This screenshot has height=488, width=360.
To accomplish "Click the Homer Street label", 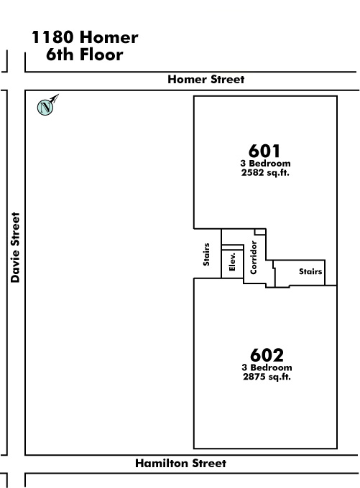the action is click(206, 80).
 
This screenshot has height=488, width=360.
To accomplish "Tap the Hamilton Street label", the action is click(181, 463).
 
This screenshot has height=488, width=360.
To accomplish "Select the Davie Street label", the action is click(15, 248).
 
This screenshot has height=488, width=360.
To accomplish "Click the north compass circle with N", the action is click(45, 108).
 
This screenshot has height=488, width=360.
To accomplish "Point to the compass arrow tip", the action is click(59, 94).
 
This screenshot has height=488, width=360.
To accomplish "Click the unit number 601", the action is click(264, 151).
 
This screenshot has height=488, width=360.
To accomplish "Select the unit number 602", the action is click(267, 355).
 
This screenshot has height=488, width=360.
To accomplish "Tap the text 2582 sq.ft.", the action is click(265, 173).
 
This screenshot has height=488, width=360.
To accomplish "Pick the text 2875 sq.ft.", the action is click(267, 377).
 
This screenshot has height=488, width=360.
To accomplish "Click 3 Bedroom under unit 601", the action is click(265, 164).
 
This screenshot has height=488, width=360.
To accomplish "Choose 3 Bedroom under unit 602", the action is click(267, 367).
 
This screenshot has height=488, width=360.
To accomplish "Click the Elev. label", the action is click(232, 261).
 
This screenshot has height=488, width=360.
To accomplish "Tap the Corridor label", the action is click(254, 258).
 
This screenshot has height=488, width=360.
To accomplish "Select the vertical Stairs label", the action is click(206, 254).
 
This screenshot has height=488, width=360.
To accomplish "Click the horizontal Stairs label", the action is click(310, 272).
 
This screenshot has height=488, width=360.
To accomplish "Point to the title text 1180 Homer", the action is click(85, 37).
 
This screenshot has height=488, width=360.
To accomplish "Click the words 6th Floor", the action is click(85, 55).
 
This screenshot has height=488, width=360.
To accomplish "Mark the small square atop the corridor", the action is click(260, 232).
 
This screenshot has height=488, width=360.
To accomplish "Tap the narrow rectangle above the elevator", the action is click(232, 248).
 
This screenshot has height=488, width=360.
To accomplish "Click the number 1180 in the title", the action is click(52, 37).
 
